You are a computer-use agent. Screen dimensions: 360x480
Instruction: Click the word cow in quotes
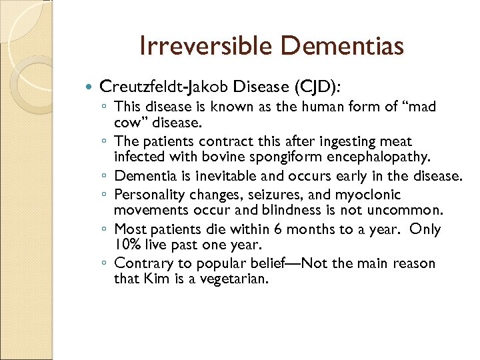[129, 124]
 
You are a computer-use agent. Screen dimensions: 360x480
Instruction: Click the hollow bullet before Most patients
[107, 229]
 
